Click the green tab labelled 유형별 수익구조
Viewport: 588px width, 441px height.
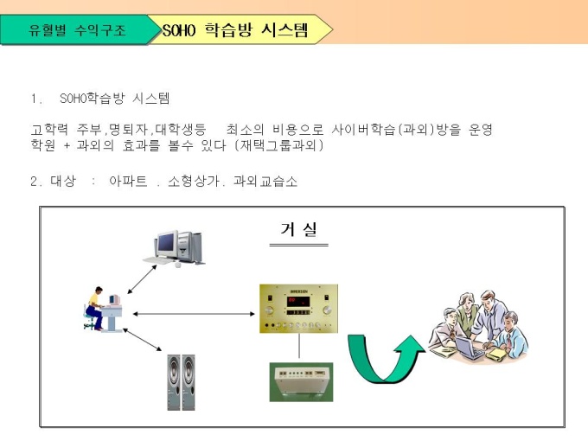pyautogui.click(x=76, y=30)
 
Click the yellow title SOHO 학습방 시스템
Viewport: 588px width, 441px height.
pyautogui.click(x=235, y=30)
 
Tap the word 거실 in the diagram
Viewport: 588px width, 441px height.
pyautogui.click(x=298, y=229)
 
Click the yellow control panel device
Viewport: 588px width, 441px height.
pyautogui.click(x=298, y=309)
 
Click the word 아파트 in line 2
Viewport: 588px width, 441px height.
pyautogui.click(x=127, y=182)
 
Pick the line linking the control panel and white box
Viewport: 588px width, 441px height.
pyautogui.click(x=299, y=347)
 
